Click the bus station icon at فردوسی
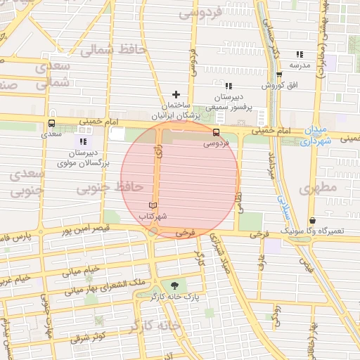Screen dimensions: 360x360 pos(216,131)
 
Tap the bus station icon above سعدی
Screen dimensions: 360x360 pos(51,123)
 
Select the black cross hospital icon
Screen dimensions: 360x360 pos(176,94)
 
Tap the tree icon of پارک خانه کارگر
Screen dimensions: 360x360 pos(174,285)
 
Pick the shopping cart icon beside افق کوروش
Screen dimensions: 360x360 pos(279,75)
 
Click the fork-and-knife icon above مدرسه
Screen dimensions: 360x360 pos(300,54)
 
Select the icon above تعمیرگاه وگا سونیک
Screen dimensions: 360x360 pos(311,220)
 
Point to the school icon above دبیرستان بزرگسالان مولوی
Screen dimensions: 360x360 pos(83,142)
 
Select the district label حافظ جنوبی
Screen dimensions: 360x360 pos(109,187)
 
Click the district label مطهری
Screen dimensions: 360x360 pos(319,188)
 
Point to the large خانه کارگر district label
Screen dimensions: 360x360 pos(155,326)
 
